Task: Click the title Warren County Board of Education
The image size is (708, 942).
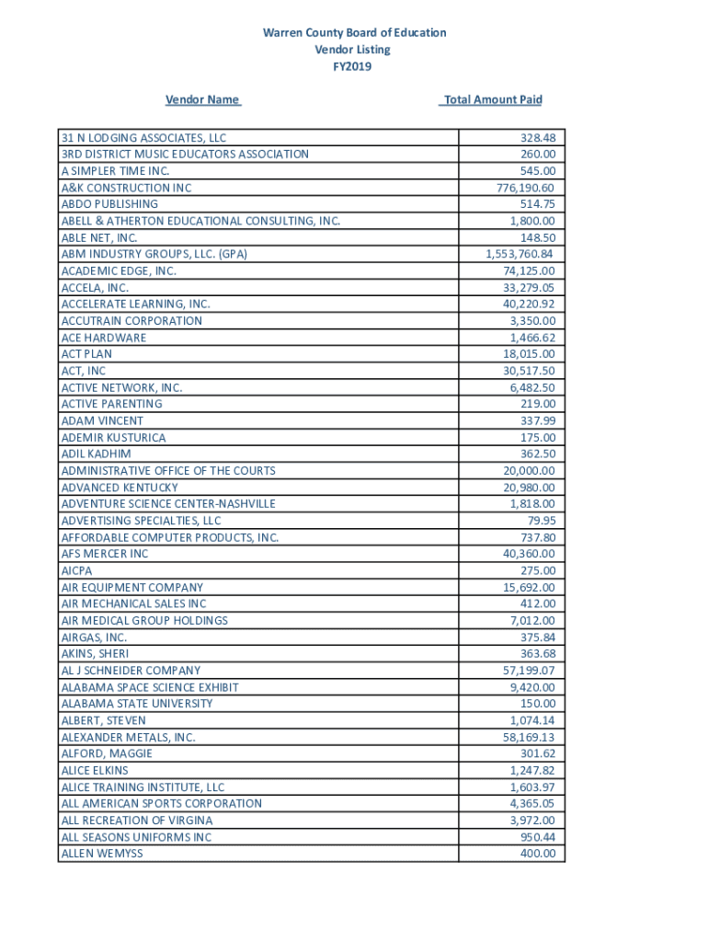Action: pos(354,33)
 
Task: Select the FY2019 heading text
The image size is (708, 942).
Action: pos(353,66)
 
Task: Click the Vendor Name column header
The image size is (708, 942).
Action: pos(202,99)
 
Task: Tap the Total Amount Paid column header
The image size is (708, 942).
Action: pos(492,99)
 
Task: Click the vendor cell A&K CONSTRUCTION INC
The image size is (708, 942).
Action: pos(126,188)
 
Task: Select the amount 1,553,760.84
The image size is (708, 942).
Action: pos(520,254)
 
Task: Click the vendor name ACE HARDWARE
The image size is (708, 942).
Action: pos(103,338)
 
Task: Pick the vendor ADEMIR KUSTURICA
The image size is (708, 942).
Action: pos(113,438)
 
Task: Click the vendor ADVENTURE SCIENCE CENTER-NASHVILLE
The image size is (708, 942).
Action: pos(168,504)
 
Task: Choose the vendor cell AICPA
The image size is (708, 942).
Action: pos(76,570)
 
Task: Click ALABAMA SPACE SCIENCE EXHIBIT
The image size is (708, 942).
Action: pos(150,687)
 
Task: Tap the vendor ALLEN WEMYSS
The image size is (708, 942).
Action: pos(102,854)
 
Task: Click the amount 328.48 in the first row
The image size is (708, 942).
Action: pos(537,138)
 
